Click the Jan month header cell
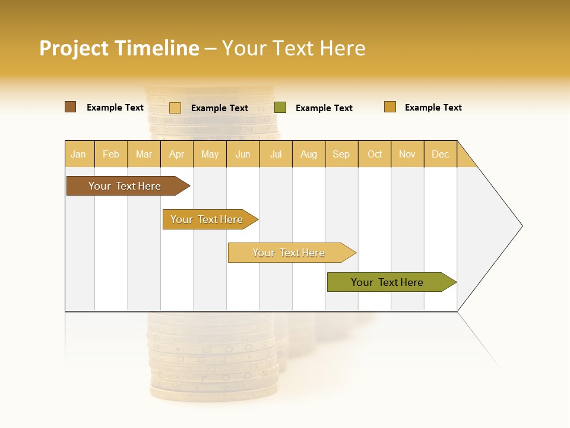coord(79,154)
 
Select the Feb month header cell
coord(111,154)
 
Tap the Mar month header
coord(144,154)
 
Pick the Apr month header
coord(177,154)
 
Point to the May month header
coord(210,154)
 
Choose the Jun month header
coord(243,154)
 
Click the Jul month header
coord(275,154)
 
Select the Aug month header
coord(309,154)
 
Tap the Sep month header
coord(341,154)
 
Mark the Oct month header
coord(375,154)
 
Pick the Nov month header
coord(407,154)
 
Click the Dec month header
coord(441,154)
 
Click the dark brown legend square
coord(71,107)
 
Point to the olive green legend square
coord(280,108)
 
